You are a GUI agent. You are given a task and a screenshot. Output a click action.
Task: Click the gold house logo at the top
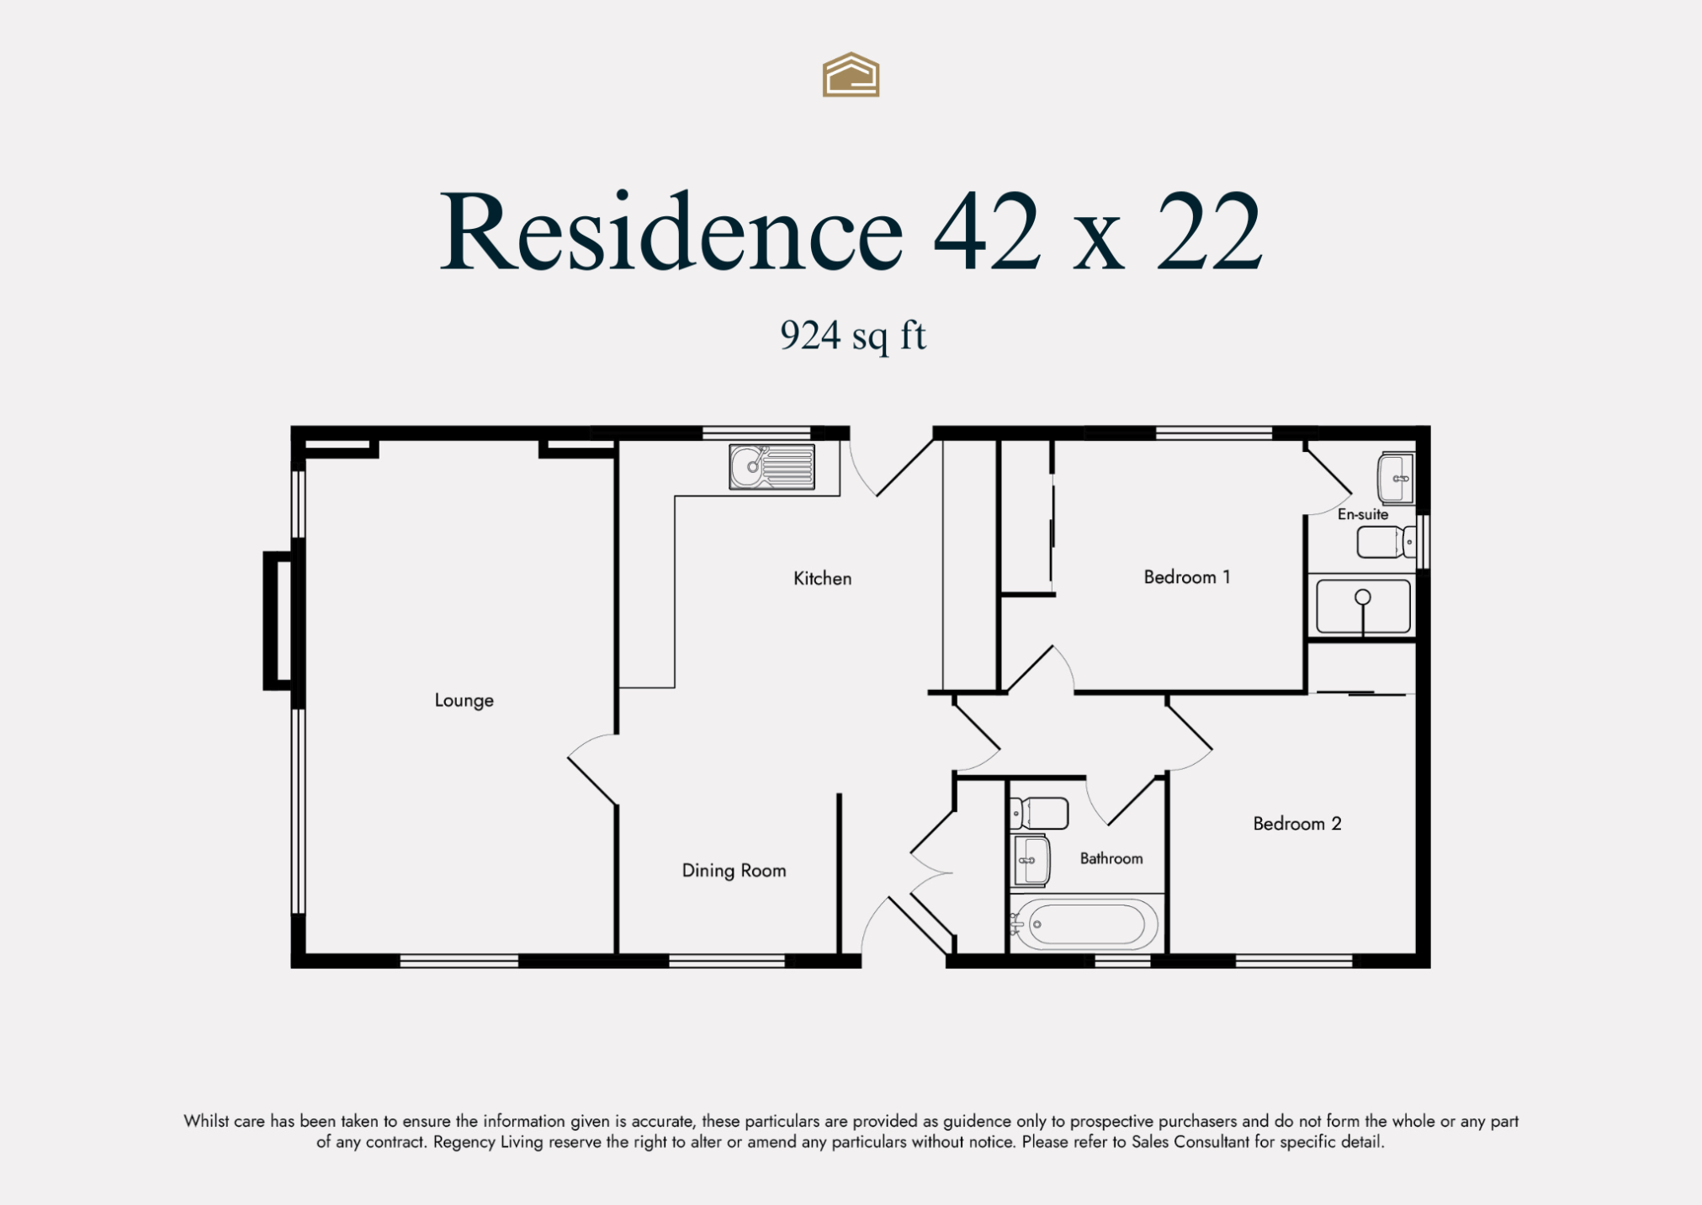(x=851, y=75)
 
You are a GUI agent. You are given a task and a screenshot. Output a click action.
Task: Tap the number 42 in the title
(x=986, y=231)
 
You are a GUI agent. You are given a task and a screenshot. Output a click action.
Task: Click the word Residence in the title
(x=671, y=231)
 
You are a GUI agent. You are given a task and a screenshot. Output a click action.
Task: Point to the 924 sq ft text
(x=852, y=336)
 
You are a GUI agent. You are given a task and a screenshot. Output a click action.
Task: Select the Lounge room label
(x=464, y=700)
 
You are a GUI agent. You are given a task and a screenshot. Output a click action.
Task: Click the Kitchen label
(x=822, y=578)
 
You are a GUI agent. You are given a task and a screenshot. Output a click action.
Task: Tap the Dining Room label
(x=734, y=870)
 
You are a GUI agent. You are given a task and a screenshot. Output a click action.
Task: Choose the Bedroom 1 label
(x=1186, y=577)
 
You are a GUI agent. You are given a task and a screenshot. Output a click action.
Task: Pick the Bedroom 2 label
(x=1296, y=824)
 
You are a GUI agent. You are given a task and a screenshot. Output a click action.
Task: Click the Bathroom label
(x=1111, y=858)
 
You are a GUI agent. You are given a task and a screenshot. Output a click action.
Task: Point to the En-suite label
(x=1362, y=514)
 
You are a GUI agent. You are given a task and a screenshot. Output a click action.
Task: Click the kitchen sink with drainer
(x=771, y=466)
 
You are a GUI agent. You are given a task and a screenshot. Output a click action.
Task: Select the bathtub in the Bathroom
(x=1084, y=924)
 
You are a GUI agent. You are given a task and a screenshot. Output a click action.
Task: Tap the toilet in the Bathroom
(x=1039, y=814)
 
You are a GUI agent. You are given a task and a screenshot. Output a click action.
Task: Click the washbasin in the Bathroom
(x=1031, y=860)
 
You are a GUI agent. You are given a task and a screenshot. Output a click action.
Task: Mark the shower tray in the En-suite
(x=1362, y=606)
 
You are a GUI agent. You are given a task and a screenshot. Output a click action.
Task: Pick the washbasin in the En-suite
(x=1396, y=478)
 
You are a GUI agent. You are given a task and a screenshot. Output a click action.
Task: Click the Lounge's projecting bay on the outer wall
(x=278, y=621)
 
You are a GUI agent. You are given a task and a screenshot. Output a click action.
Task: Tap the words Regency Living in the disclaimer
(x=487, y=1142)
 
